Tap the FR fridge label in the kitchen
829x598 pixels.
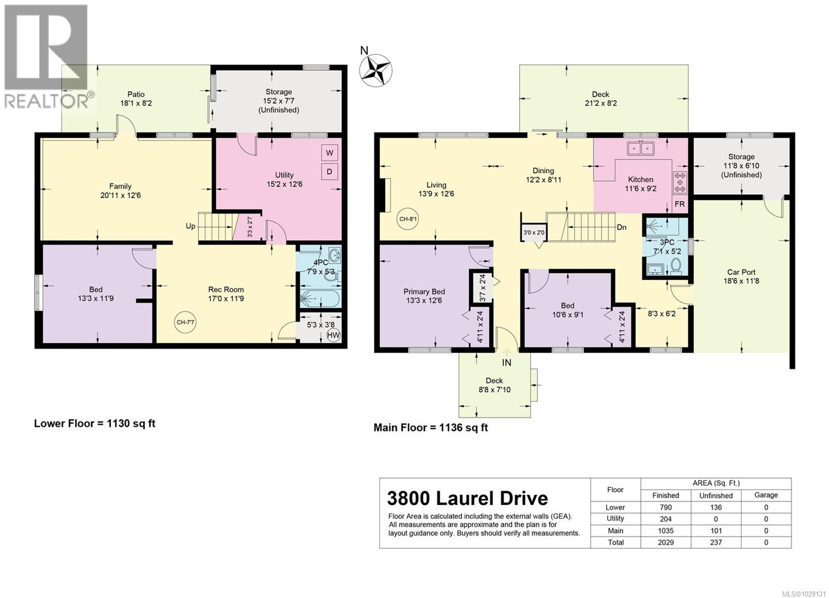tap(679, 204)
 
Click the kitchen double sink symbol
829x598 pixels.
tap(641, 148)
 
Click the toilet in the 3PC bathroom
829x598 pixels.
tap(676, 266)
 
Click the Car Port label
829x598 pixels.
tap(741, 272)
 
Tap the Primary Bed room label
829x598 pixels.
tap(424, 291)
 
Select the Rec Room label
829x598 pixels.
tap(226, 289)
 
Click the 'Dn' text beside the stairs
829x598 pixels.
tap(622, 227)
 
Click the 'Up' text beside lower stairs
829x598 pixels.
tap(191, 226)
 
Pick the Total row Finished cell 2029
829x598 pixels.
tap(665, 543)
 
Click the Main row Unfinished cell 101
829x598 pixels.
tap(716, 531)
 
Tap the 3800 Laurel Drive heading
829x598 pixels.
tap(467, 498)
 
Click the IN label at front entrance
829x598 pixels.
tap(506, 362)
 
